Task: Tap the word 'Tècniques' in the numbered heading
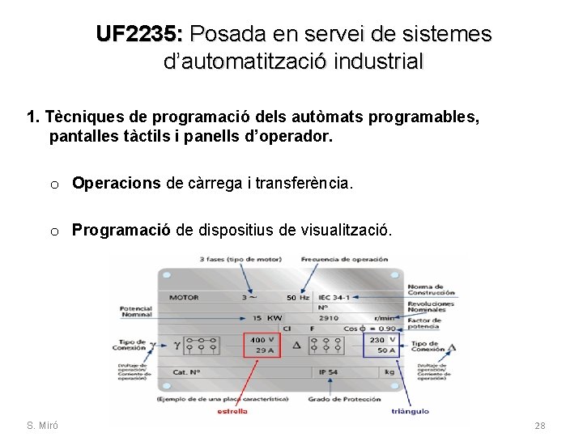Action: pos(80,117)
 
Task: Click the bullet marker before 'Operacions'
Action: pos(53,185)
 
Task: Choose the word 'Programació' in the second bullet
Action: pos(121,231)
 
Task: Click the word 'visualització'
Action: pos(344,231)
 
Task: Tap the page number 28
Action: pos(540,426)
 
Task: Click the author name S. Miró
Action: pos(41,426)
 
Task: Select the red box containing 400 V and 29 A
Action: pos(262,345)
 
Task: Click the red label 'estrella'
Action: pos(232,411)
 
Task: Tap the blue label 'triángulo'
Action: pos(410,411)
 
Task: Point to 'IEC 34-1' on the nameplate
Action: pos(334,297)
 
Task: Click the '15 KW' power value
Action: pos(266,318)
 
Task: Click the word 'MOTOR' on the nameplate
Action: pos(184,297)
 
